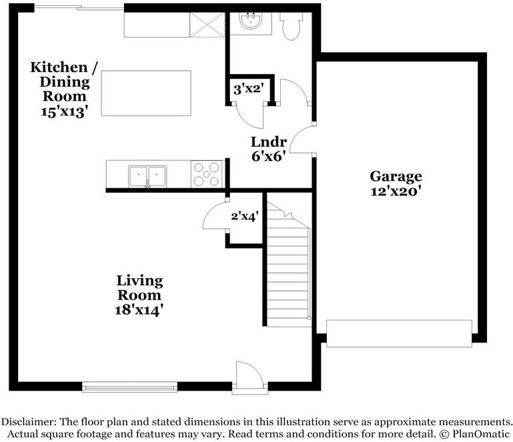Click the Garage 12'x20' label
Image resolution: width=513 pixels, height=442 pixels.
tap(396, 184)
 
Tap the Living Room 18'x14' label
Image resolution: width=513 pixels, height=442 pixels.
tap(139, 295)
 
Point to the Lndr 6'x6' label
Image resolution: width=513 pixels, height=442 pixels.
tap(269, 149)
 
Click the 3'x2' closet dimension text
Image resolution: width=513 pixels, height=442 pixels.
tap(249, 89)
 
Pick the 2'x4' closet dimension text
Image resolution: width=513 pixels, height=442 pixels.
tap(245, 216)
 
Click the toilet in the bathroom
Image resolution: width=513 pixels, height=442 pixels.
tap(291, 26)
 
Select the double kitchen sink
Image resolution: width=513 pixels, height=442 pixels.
tap(147, 176)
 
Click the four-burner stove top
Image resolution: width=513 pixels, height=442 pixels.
tap(206, 174)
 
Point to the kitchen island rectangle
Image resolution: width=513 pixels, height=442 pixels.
tap(146, 93)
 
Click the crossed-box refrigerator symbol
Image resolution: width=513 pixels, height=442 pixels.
tap(207, 25)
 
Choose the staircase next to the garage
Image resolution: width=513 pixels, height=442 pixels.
tap(288, 264)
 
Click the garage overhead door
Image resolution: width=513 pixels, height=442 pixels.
tap(399, 333)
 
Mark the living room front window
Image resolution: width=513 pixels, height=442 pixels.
tap(129, 387)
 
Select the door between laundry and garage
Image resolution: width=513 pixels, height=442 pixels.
tap(303, 139)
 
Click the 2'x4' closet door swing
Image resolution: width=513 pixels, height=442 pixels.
tap(215, 214)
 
